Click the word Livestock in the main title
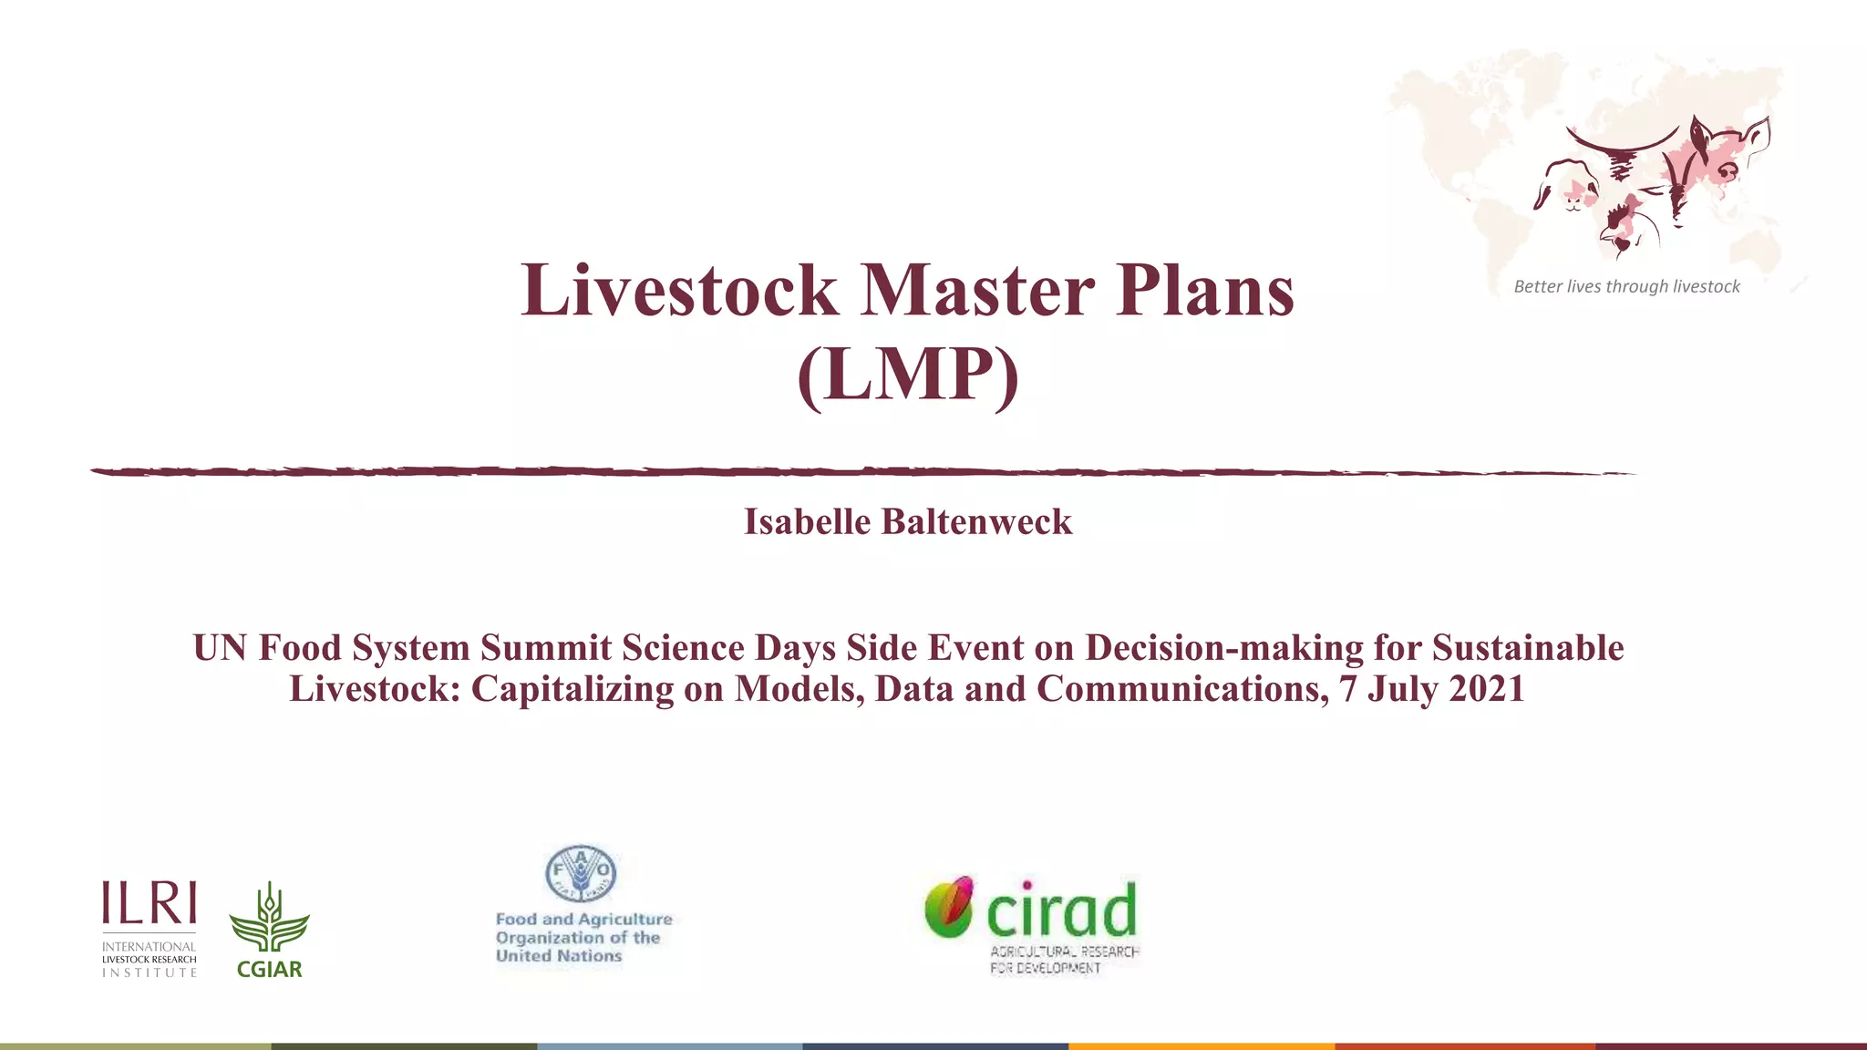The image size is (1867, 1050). coord(679,291)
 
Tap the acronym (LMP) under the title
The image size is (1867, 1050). coord(907,375)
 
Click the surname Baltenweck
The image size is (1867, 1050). coord(976,522)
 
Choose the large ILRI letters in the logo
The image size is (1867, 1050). coord(150,903)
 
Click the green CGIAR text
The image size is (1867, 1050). coord(269,970)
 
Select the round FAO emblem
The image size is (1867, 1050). coord(581,873)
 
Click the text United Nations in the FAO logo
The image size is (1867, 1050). coord(559,956)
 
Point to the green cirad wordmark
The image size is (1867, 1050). coord(1062,911)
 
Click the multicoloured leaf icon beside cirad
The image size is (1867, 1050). coord(949,906)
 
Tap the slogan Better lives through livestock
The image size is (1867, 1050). coord(1626,287)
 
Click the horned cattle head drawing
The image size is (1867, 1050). coord(1622,150)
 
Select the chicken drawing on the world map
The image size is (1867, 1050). coord(1627,228)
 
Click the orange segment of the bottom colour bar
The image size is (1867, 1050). coord(1202,1045)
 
